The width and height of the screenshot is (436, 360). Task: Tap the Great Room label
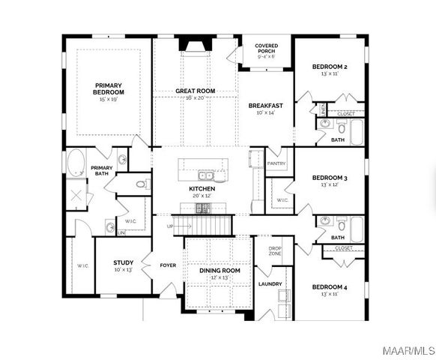click(196, 91)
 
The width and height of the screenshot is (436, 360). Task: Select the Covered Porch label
click(266, 49)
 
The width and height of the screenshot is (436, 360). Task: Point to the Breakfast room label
click(266, 106)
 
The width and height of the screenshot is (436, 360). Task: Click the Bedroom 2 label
click(330, 67)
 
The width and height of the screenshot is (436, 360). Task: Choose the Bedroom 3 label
click(330, 178)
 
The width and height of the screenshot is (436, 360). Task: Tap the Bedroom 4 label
click(330, 286)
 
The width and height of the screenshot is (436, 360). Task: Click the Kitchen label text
click(202, 188)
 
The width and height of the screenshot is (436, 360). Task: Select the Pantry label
click(276, 162)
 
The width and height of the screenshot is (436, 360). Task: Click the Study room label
click(123, 262)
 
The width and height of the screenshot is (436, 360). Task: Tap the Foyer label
click(168, 265)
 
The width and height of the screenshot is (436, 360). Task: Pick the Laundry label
click(269, 284)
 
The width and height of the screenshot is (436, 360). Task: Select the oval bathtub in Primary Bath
click(76, 162)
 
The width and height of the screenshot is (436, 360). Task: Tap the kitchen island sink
click(196, 175)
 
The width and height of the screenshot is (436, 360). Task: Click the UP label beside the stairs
click(170, 226)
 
